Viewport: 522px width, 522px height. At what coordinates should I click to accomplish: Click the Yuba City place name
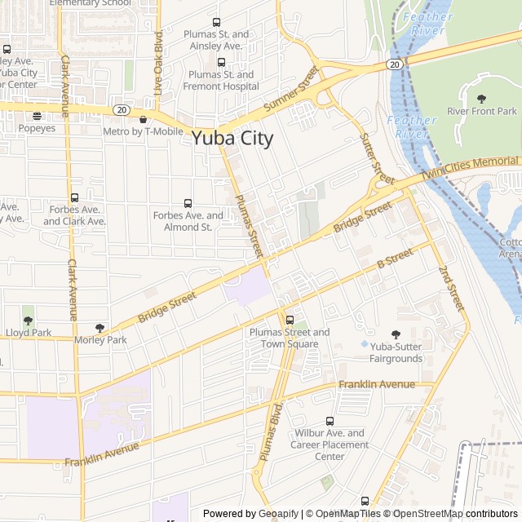pos(232,138)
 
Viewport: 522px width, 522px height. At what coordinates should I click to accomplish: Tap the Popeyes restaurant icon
pos(37,117)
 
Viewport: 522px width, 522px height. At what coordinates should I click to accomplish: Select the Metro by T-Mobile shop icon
pos(144,119)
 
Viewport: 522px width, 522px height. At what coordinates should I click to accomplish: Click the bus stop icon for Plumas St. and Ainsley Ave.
pos(216,23)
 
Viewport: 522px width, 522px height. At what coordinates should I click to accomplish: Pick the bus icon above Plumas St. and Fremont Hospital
pos(221,63)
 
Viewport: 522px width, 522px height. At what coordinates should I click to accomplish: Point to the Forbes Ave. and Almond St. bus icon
pos(188,203)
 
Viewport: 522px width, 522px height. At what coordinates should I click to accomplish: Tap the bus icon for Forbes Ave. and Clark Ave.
pos(75,197)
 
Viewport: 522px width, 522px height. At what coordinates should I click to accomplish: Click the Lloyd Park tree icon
pos(29,320)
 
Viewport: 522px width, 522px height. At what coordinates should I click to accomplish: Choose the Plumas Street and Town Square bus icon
pos(290,320)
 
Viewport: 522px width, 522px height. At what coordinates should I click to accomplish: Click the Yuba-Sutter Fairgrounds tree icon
pos(396,334)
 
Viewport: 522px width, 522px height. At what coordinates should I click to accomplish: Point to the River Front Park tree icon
pos(481,99)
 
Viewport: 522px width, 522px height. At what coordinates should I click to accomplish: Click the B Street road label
pos(396,260)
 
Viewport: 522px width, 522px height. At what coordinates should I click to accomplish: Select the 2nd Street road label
pos(451,288)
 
